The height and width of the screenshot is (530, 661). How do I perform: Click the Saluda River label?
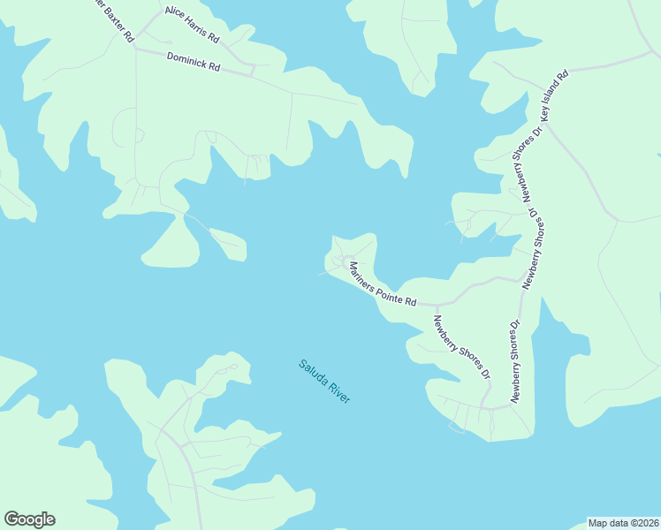pos(324,381)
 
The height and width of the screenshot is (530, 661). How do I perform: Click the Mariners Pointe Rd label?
pos(382,284)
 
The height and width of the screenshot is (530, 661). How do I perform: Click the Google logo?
pos(29,519)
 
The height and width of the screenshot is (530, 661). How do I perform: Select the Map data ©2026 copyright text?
pos(623,523)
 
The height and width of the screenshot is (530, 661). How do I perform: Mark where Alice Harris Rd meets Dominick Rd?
pos(254,71)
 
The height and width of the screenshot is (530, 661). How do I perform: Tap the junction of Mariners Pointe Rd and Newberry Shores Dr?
pos(436,305)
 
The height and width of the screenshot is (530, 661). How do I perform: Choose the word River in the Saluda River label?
pos(339,393)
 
